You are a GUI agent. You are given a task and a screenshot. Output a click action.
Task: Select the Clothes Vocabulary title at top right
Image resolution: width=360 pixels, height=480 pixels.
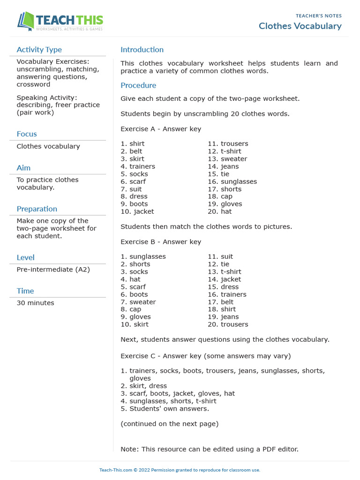300,26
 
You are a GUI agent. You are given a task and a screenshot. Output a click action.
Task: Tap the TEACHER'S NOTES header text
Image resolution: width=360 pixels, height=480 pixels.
318,16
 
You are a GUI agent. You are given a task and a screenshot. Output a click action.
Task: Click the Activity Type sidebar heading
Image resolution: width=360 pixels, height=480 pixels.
39,50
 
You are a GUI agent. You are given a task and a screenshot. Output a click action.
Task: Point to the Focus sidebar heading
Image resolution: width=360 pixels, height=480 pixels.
27,134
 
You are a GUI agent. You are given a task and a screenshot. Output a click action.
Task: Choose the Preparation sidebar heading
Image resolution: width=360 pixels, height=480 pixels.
37,209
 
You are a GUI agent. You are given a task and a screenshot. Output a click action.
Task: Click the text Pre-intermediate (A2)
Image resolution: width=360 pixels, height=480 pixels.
53,270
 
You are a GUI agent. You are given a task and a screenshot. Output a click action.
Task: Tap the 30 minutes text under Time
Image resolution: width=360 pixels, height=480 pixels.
35,303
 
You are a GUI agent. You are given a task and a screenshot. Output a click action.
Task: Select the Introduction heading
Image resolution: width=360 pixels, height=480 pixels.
142,50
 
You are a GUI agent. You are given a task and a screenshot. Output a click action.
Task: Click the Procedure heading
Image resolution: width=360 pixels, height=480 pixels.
138,85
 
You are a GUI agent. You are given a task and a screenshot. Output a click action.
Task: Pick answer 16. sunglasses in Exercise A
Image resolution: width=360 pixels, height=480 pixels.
232,181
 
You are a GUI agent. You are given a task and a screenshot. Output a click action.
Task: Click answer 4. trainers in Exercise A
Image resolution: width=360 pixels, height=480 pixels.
138,166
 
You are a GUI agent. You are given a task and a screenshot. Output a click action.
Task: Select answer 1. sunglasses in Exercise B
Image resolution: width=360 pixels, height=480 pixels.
143,256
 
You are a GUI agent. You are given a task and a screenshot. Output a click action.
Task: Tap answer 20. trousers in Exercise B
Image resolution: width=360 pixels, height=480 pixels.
228,324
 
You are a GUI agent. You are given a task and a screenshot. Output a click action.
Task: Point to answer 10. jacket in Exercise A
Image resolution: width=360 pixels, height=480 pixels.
137,211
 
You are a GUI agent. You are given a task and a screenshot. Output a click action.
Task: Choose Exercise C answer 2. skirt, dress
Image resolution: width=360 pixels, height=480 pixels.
143,386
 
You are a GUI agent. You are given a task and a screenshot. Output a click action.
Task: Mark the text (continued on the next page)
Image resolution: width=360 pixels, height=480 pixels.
169,424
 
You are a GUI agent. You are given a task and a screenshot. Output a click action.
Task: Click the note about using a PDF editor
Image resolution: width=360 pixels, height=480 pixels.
209,449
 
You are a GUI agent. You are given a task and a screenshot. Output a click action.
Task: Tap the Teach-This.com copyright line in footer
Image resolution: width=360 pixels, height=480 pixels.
180,470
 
